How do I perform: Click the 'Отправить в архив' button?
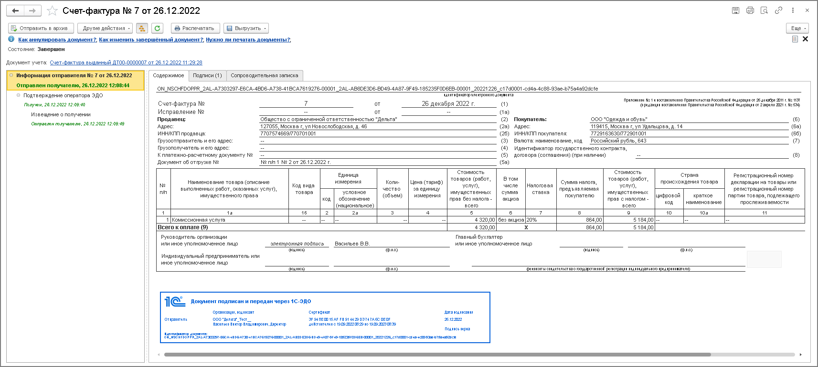(41, 28)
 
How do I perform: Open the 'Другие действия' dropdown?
(105, 28)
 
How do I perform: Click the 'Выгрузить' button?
(246, 28)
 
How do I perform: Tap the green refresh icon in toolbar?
(157, 28)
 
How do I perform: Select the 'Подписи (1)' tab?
(207, 75)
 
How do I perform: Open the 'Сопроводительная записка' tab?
(264, 75)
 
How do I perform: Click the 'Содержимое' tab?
(168, 75)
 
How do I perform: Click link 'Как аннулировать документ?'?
(57, 40)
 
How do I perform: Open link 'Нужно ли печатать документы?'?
(248, 40)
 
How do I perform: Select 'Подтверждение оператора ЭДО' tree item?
(63, 95)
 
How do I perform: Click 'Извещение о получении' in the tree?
(61, 114)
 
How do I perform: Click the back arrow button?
(15, 10)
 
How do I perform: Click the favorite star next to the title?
(53, 10)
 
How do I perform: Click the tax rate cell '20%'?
(532, 220)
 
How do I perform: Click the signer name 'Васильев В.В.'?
(352, 244)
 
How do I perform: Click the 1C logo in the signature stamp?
(175, 302)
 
